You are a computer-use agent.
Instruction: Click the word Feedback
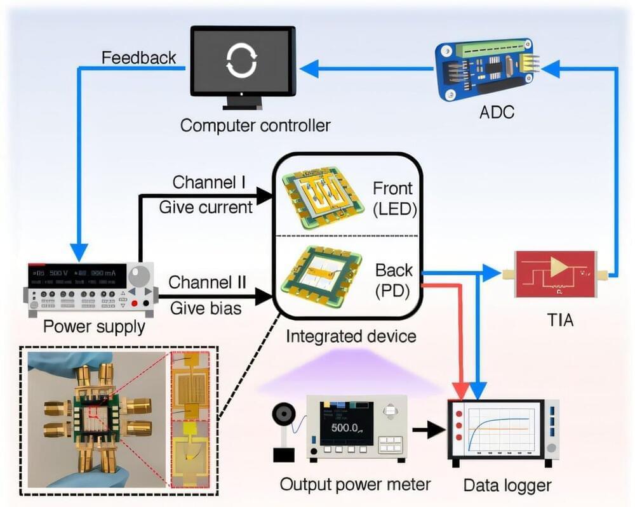click(138, 57)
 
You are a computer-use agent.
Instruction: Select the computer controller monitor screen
click(243, 62)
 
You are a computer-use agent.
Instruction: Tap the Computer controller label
click(255, 124)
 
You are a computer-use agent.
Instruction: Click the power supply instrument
click(89, 289)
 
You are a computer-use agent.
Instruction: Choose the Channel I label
click(207, 183)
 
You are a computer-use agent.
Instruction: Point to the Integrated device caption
click(351, 334)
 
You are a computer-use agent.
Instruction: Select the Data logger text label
click(507, 486)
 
